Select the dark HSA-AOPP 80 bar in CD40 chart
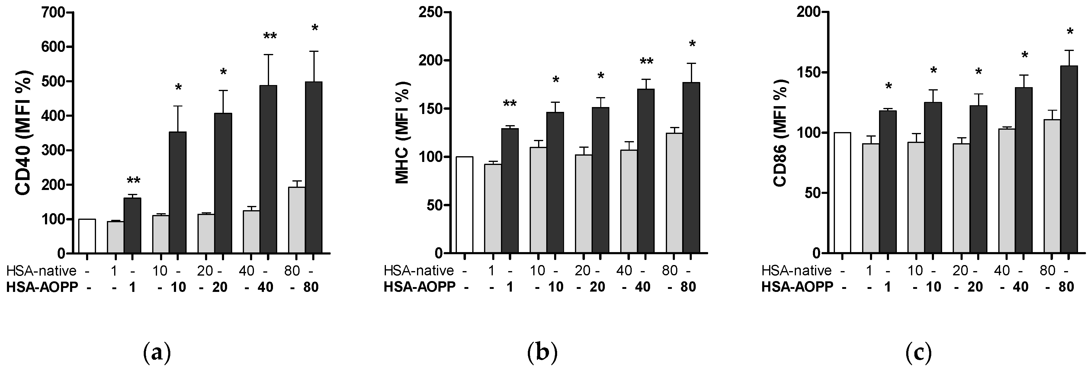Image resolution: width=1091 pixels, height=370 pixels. (313, 169)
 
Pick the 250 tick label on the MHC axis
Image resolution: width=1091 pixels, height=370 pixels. (430, 13)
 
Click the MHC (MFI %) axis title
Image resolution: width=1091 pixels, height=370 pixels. (402, 133)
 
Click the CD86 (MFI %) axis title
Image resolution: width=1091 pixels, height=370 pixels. (780, 133)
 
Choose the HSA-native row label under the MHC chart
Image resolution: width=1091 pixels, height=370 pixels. (419, 270)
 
